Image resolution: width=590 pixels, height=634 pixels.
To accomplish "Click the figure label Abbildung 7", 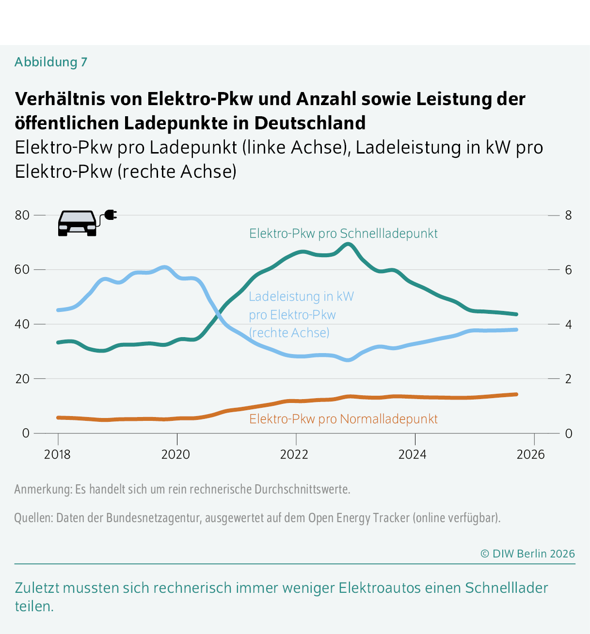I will pos(51,62).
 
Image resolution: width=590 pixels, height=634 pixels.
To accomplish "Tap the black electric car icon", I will pos(78,223).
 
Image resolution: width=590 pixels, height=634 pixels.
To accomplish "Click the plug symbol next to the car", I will pos(111,215).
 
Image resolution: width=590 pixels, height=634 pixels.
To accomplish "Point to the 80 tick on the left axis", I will pos(22,215).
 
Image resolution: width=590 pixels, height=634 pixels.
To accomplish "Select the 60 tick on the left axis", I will pos(22,269).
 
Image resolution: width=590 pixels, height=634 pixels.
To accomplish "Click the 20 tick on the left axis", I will pos(22,379).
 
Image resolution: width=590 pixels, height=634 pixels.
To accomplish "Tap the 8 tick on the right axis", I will pos(569,215).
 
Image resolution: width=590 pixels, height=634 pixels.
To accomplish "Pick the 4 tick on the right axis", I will pos(569,324).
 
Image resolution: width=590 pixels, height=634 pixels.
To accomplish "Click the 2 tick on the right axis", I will pos(569,379).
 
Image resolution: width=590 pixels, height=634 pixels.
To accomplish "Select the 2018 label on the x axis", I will pos(57,454).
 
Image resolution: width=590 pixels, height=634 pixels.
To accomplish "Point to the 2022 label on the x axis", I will pos(294,454).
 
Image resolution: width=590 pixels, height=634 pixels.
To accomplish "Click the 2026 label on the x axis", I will pos(531,454).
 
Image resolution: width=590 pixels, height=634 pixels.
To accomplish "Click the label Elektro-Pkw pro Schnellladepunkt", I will pos(343,233).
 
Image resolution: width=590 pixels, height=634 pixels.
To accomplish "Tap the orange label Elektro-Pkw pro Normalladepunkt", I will pos(343,419).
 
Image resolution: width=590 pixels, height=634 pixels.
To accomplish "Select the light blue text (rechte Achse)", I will pos(289,333).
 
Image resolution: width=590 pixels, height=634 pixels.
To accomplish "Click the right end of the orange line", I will pos(516,394).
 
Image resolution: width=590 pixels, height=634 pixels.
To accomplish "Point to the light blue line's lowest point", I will pos(348,360).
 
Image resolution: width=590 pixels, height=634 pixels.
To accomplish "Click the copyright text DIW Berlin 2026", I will pos(527,554).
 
